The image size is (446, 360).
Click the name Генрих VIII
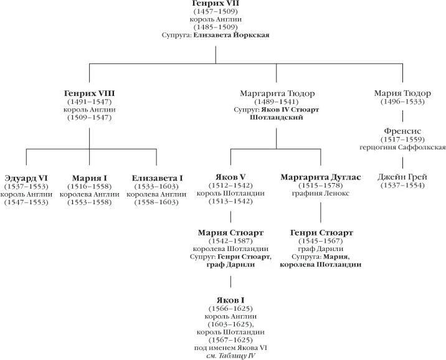click(89, 93)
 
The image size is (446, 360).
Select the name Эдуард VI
click(26, 178)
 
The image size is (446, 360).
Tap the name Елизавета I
click(157, 178)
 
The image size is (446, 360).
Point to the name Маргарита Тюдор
click(277, 93)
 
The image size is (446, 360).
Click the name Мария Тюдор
click(402, 93)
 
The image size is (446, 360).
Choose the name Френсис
click(402, 131)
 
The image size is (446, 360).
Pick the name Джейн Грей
click(402, 177)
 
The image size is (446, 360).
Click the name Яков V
click(230, 177)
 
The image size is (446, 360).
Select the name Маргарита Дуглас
click(321, 177)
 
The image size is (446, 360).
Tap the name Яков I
click(230, 300)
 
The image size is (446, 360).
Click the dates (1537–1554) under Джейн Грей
click(402, 186)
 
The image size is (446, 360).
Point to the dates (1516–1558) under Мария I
click(89, 187)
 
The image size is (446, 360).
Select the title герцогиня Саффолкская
click(402, 148)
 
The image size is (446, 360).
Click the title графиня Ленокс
click(321, 193)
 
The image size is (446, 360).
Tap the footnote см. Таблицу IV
click(230, 356)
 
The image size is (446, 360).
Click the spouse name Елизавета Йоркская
click(231, 36)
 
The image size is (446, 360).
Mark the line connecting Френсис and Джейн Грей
click(402, 163)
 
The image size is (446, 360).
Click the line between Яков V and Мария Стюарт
click(230, 217)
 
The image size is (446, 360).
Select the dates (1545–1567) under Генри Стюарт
click(321, 241)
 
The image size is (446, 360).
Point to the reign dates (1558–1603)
click(156, 202)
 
